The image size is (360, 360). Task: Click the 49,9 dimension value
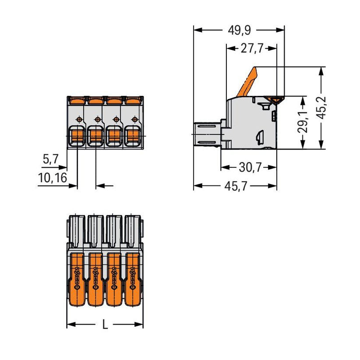click(x=239, y=30)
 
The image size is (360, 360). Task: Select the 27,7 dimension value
click(x=252, y=49)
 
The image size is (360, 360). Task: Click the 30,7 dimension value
click(x=250, y=167)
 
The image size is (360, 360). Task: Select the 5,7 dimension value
click(x=51, y=159)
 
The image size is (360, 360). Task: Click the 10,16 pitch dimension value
click(x=53, y=178)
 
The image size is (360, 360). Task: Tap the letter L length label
click(x=105, y=324)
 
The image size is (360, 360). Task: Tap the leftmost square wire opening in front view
click(x=77, y=136)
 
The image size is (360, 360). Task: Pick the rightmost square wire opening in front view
click(x=132, y=136)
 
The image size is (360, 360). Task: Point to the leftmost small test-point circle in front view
click(x=79, y=119)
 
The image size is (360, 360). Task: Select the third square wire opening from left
click(x=114, y=136)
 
